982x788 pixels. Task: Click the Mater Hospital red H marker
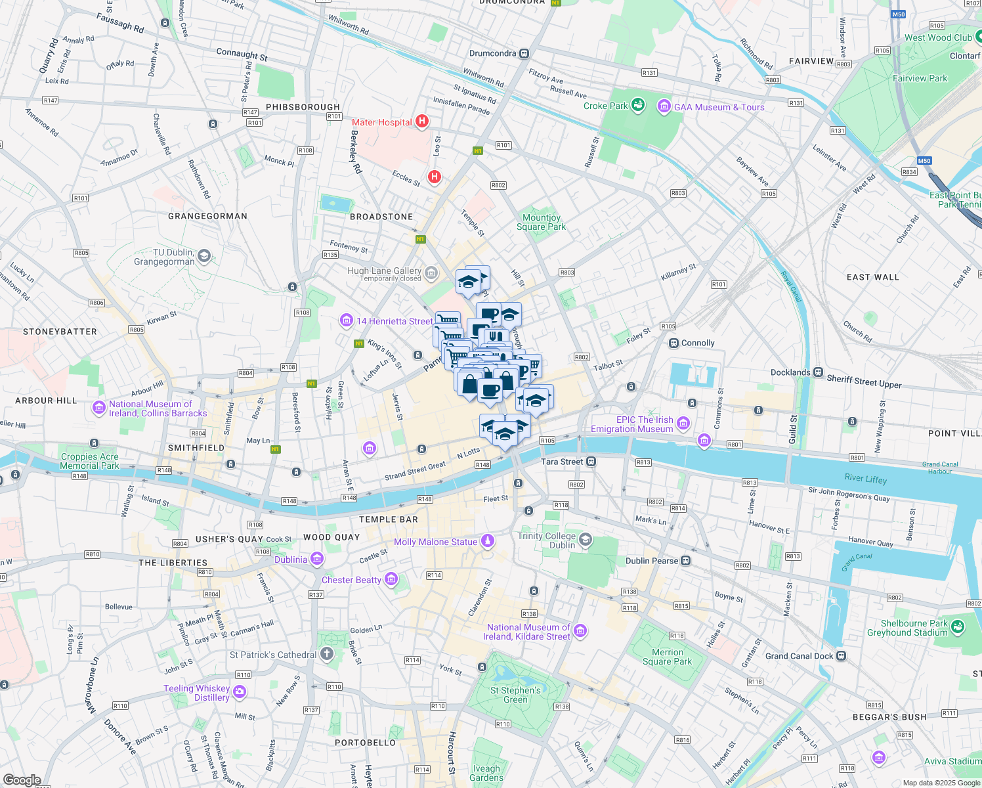[422, 121]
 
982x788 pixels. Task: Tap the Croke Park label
[605, 106]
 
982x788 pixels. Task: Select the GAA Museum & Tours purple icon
[664, 106]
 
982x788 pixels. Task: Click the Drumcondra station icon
[524, 54]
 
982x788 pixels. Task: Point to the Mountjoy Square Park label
[541, 222]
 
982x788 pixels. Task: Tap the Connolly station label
[698, 343]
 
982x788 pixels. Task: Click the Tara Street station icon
[591, 462]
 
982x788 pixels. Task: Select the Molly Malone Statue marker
[487, 541]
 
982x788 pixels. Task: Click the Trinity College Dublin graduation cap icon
[586, 540]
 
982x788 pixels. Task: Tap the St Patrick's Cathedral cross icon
[327, 654]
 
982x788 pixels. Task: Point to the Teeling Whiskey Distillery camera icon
[240, 691]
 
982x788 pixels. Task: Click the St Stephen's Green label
[515, 695]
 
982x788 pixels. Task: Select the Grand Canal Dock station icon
[842, 655]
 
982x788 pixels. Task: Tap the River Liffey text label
[865, 479]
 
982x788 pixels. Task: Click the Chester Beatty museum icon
[391, 579]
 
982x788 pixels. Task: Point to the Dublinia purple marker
[317, 559]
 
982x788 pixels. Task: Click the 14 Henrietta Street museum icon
[346, 320]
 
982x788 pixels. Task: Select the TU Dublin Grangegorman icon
[204, 256]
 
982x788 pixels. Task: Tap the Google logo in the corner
[22, 780]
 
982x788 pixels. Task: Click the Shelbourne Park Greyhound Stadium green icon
[957, 627]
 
